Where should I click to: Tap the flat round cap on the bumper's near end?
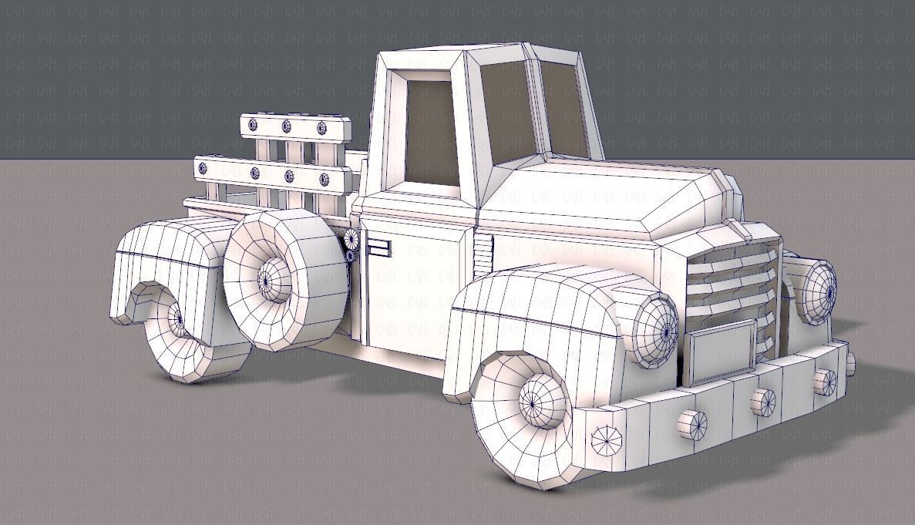(x=606, y=440)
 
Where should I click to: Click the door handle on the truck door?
(x=378, y=247)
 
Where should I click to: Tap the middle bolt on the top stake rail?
(x=287, y=126)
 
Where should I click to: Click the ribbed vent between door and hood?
(x=483, y=255)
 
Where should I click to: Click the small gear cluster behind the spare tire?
(x=351, y=245)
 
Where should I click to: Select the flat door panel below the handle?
(x=405, y=308)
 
